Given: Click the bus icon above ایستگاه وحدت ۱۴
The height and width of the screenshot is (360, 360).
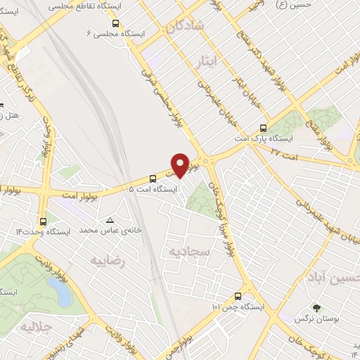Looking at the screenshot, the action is pos(44,219).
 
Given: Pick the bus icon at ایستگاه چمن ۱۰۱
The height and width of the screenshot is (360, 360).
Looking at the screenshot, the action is pos(238,296).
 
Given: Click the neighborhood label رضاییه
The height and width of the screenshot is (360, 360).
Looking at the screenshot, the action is pos(108,261).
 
